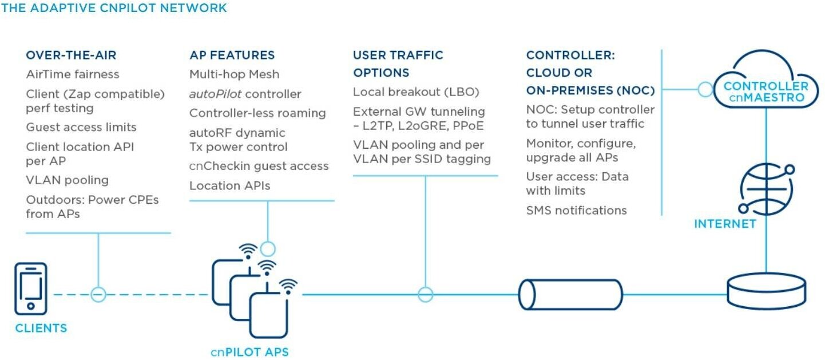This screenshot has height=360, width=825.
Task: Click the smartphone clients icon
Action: click(31, 289)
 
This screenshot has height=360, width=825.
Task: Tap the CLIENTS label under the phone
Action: click(41, 328)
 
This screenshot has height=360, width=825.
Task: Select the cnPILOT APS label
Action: click(249, 352)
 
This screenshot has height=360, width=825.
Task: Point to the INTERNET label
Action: click(725, 224)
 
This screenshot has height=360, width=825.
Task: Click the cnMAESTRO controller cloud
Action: click(766, 79)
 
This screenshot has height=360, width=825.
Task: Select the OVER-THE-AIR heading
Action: click(71, 55)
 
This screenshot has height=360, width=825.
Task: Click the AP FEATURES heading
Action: click(232, 55)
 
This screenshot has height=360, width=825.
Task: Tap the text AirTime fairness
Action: click(73, 74)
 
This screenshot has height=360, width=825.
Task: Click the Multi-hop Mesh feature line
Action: click(234, 74)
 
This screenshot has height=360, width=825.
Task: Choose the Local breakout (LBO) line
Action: click(416, 92)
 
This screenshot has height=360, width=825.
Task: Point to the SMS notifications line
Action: click(576, 210)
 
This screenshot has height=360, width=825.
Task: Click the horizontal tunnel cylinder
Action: click(570, 294)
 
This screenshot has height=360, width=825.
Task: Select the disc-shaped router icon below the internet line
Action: click(767, 291)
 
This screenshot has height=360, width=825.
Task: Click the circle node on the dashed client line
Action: click(98, 295)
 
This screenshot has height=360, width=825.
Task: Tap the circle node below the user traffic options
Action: click(426, 294)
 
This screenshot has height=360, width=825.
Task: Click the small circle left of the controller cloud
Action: click(705, 89)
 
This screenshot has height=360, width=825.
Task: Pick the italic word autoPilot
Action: click(216, 94)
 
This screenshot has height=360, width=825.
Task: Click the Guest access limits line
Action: click(81, 127)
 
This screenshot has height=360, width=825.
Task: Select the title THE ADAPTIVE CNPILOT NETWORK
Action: click(114, 8)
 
